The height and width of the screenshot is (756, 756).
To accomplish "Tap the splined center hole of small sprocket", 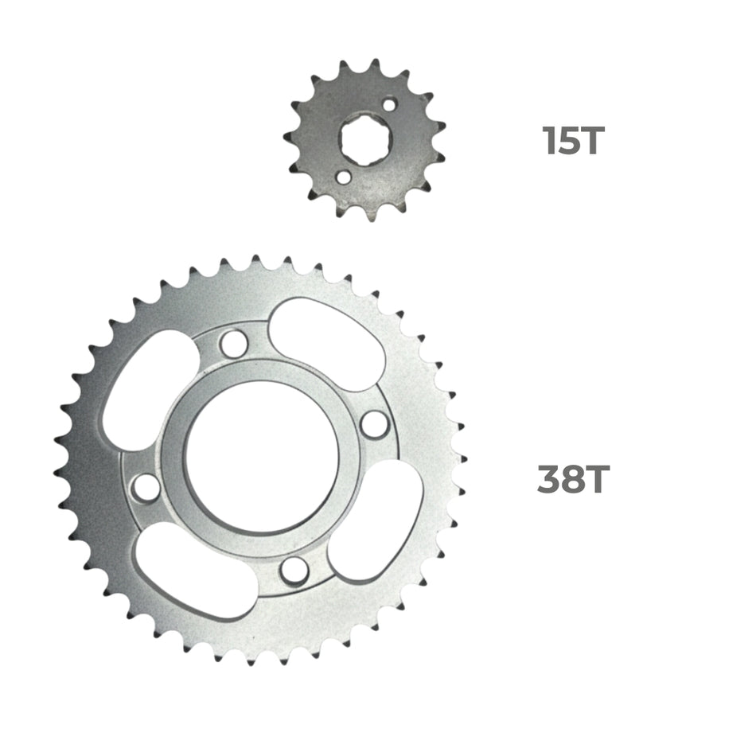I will (x=364, y=140).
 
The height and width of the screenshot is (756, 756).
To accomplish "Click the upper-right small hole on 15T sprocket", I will (x=389, y=104).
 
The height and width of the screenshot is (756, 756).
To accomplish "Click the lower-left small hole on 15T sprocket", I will (x=341, y=177).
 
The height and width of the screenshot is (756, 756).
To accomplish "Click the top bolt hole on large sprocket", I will (x=233, y=344).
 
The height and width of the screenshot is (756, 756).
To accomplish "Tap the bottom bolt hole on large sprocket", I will (x=294, y=568).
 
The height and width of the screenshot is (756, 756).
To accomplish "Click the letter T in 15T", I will (x=592, y=141).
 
